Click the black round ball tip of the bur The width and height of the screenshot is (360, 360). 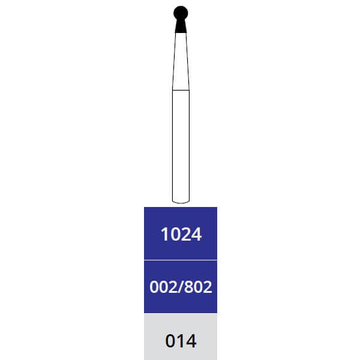(181, 13)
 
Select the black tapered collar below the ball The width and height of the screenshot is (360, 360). (181, 26)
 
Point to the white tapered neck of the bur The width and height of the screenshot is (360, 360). (181, 61)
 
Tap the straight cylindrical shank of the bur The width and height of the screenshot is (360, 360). (181, 146)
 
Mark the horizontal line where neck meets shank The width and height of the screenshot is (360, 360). (181, 90)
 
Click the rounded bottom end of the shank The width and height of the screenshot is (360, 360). (181, 202)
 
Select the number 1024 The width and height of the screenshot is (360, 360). (181, 234)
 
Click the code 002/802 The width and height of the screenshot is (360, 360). (181, 287)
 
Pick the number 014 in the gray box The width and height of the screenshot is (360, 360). (181, 341)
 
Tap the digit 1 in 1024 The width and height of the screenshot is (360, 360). (164, 234)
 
